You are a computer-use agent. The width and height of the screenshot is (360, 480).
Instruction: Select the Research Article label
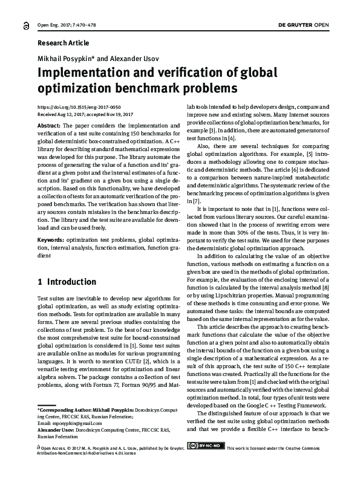[63, 43]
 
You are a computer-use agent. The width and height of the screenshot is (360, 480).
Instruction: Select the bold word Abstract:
[49, 125]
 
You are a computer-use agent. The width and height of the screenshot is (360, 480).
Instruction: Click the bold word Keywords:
[51, 240]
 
